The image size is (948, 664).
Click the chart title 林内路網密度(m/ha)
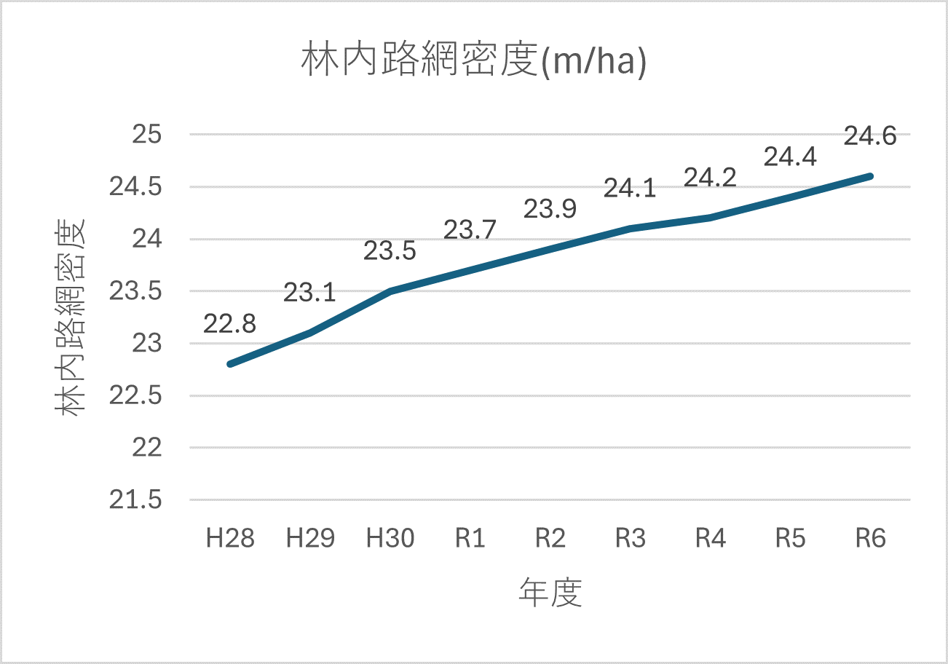[x=474, y=63]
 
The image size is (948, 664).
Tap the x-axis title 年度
[x=550, y=593]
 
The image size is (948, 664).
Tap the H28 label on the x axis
[x=230, y=539]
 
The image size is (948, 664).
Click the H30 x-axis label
[x=390, y=539]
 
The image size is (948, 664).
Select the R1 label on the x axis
[x=470, y=539]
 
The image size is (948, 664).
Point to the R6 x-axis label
[x=871, y=539]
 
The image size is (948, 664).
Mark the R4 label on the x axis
[x=711, y=539]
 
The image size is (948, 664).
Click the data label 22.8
[x=229, y=324]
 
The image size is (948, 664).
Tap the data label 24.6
[x=870, y=136]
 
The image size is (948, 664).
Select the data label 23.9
[x=550, y=209]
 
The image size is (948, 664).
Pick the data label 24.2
[x=711, y=178]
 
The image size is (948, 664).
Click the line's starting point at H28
[x=230, y=364]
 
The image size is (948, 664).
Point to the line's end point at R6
[x=871, y=176]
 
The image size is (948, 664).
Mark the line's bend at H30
[x=390, y=291]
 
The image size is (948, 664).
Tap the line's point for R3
[x=631, y=229]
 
